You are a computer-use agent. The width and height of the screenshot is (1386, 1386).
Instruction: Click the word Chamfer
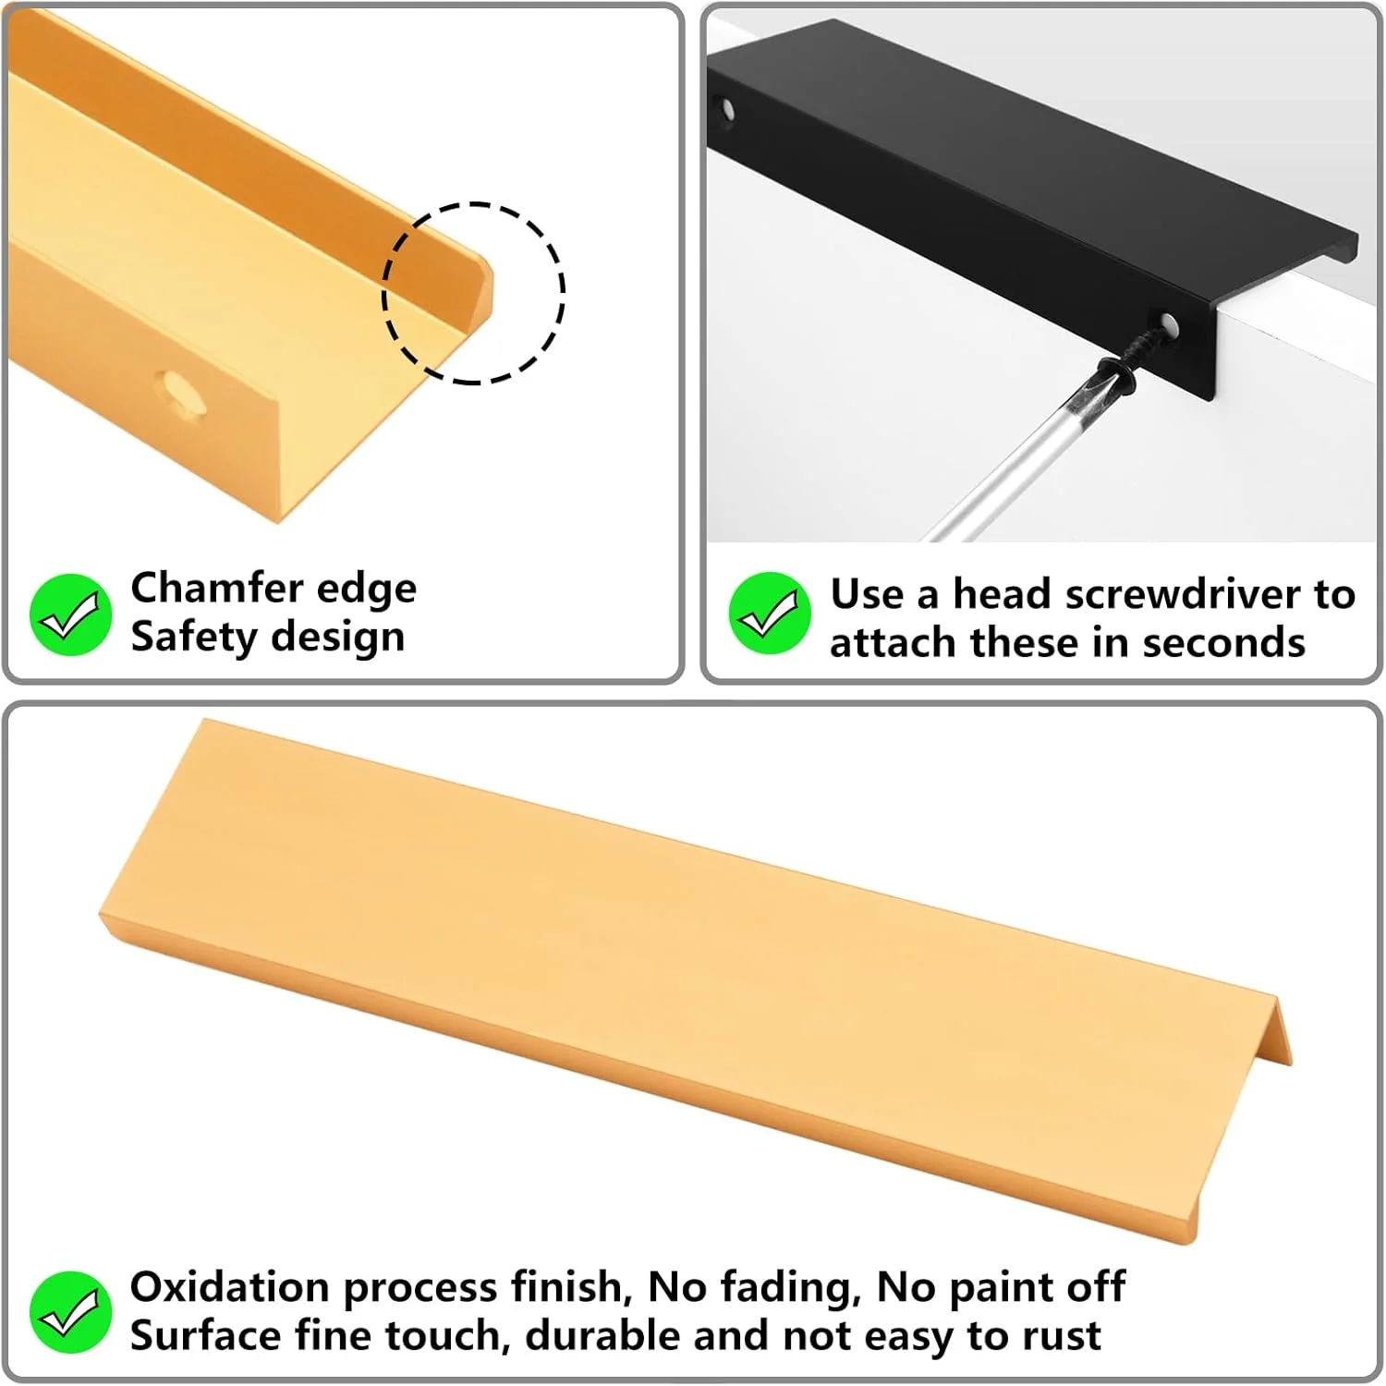[x=203, y=588]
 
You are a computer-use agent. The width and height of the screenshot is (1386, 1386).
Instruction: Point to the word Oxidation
[x=229, y=1287]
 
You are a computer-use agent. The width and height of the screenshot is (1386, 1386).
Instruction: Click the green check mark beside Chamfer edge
[x=70, y=614]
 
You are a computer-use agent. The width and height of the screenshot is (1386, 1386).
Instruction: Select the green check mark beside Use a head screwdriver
[x=770, y=614]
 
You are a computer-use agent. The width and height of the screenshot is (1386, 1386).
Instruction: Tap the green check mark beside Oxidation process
[x=70, y=1312]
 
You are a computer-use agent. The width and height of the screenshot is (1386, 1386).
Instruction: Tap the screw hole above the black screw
[x=1169, y=325]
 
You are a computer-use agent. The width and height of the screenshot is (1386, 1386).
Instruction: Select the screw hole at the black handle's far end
[x=727, y=111]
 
